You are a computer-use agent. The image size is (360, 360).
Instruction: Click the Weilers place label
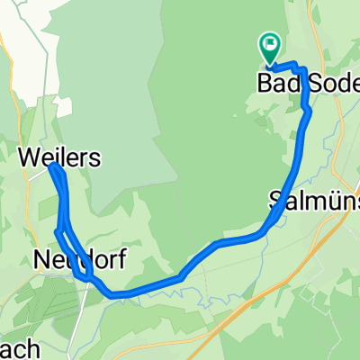click(x=58, y=158)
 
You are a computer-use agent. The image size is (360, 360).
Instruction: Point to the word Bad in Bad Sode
click(x=278, y=84)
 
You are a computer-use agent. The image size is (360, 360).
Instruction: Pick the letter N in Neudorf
click(x=41, y=260)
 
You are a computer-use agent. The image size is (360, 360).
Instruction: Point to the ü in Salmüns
click(x=329, y=201)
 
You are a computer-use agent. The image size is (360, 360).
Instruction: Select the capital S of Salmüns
click(x=274, y=201)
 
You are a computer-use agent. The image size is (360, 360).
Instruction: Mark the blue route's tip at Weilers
click(x=53, y=167)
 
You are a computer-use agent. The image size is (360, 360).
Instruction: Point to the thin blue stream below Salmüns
click(x=261, y=261)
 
